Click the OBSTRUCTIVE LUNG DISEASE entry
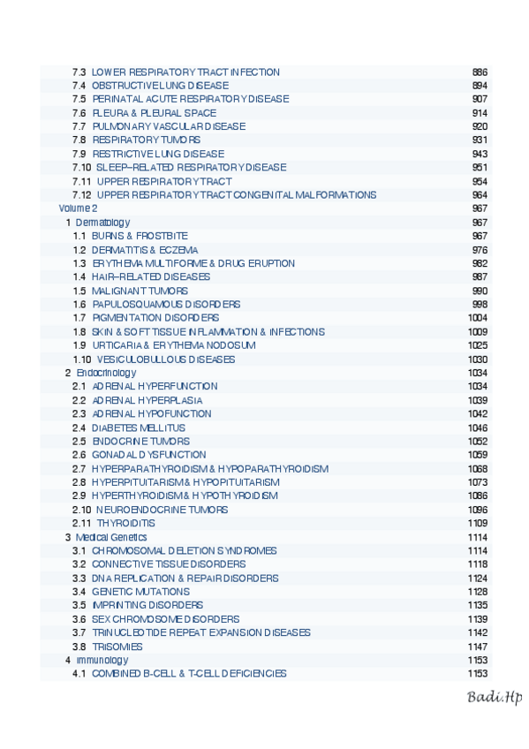[160, 86]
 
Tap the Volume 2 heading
[78, 208]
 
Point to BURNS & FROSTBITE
[140, 236]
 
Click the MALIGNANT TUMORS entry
[140, 291]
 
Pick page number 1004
[477, 317]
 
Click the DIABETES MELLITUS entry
[139, 427]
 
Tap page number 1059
[477, 455]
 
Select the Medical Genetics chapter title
[111, 537]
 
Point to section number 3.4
[79, 592]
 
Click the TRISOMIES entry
[117, 647]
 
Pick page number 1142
[477, 632]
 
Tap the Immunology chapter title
[102, 660]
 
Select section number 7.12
[82, 194]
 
